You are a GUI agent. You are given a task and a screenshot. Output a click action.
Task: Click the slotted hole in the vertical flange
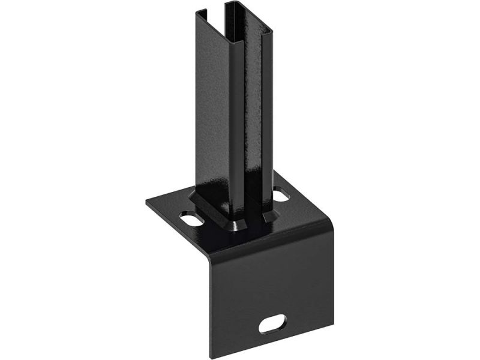(x=272, y=324)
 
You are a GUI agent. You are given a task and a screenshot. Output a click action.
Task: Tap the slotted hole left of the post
(x=191, y=219)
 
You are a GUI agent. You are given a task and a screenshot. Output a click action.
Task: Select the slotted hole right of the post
(x=281, y=194)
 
